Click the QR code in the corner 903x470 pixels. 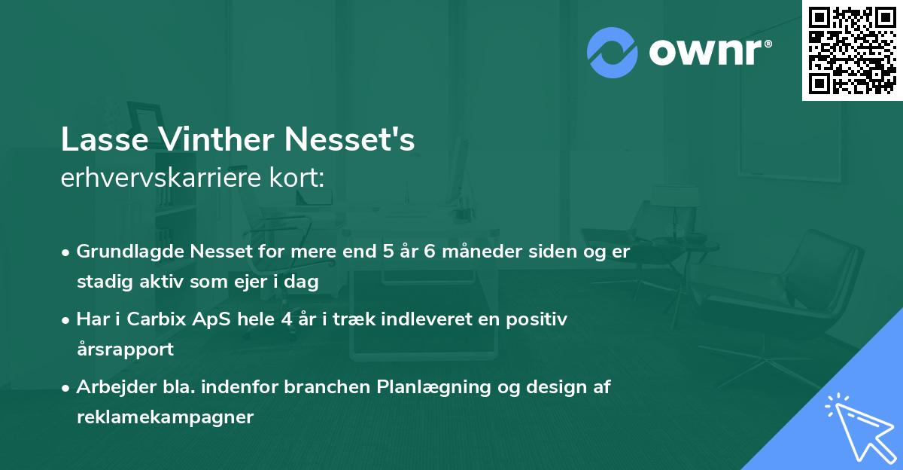pos(852,50)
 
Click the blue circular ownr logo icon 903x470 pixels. pos(613,53)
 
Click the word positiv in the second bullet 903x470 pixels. pos(540,319)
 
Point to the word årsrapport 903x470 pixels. pos(125,349)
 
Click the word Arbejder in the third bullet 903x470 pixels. pos(110,387)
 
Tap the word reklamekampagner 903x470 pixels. pos(165,417)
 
